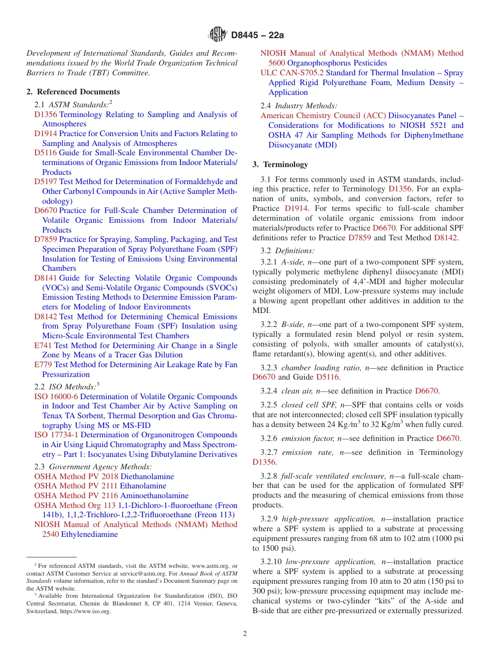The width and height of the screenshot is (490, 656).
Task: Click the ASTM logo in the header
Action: (x=217, y=35)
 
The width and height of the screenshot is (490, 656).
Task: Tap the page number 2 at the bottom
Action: (x=245, y=634)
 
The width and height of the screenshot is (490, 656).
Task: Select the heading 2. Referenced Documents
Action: (x=73, y=92)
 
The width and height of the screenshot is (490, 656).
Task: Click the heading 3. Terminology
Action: (x=280, y=165)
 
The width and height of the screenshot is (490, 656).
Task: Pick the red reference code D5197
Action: (x=46, y=182)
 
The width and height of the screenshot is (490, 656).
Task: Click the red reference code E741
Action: (x=43, y=346)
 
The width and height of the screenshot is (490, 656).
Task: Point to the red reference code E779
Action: (x=43, y=365)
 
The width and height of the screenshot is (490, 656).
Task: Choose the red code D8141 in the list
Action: (x=46, y=278)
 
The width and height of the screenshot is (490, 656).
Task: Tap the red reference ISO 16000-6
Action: (x=56, y=397)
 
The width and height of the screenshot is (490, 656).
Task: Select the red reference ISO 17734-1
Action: (x=56, y=435)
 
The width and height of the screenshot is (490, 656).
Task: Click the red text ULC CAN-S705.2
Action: (x=292, y=73)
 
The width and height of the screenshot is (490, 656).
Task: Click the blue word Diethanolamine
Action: (x=147, y=477)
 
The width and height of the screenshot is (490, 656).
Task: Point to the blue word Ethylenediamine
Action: (x=89, y=534)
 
